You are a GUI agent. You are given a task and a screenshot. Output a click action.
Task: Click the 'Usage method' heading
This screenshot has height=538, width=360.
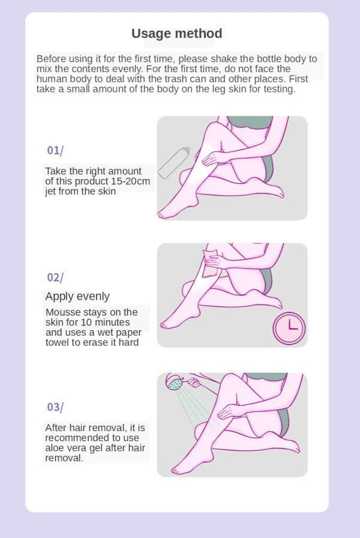tap(176, 34)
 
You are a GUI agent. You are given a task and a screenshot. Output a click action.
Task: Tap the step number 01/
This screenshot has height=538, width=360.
tap(55, 150)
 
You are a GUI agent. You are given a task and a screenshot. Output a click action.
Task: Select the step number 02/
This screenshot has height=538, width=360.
tap(55, 277)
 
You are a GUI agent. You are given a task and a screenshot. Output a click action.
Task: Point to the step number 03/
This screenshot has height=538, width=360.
tap(55, 407)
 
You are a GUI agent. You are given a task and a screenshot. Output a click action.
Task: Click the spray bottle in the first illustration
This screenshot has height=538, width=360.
tap(174, 163)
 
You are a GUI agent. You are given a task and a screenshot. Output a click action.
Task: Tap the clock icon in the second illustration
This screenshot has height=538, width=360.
tap(289, 328)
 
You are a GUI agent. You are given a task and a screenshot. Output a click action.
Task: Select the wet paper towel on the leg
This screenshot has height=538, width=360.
tap(210, 263)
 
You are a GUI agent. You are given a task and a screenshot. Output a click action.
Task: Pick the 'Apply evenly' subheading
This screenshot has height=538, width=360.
tap(77, 296)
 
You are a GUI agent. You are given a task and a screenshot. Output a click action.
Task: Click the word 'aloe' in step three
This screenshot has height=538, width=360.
tap(55, 448)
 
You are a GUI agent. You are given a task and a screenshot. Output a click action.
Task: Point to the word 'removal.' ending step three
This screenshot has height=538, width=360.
tap(64, 458)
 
